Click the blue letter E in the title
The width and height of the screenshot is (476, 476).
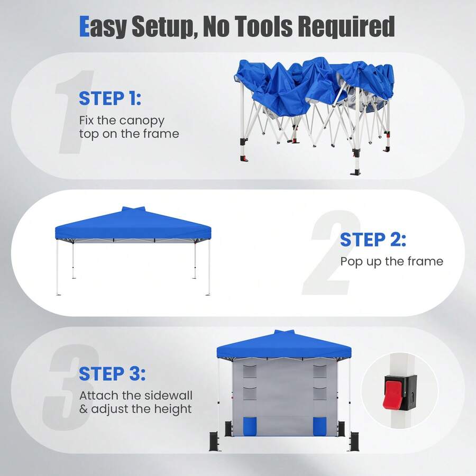tap(84, 26)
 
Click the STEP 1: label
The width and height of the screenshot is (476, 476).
tap(110, 98)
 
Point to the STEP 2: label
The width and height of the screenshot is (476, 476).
tap(373, 240)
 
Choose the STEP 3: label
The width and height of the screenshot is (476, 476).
tap(112, 373)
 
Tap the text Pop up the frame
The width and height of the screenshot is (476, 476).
tap(391, 262)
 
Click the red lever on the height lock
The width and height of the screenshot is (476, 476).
tap(392, 393)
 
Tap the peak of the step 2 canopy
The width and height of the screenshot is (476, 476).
tap(133, 209)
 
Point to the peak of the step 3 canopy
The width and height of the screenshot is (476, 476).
tap(284, 332)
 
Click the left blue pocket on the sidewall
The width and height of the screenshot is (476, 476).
tap(250, 426)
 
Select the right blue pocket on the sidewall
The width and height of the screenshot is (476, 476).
tap(319, 426)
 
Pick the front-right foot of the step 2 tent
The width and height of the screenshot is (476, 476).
tap(208, 294)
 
